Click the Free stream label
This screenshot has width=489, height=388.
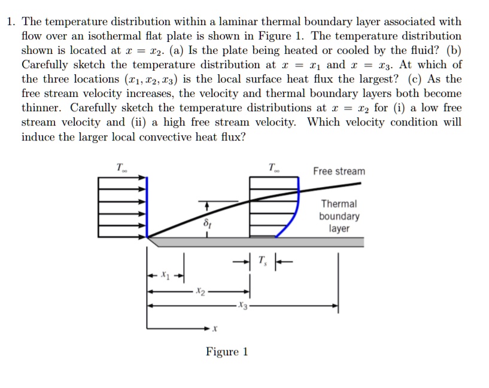point(339,172)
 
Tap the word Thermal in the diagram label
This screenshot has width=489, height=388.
point(339,204)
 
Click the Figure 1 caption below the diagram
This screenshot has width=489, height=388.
point(226,352)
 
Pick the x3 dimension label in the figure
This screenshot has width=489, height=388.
point(241,306)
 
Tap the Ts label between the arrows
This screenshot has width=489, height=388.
point(262,261)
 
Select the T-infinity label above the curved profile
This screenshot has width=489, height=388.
point(273,167)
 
